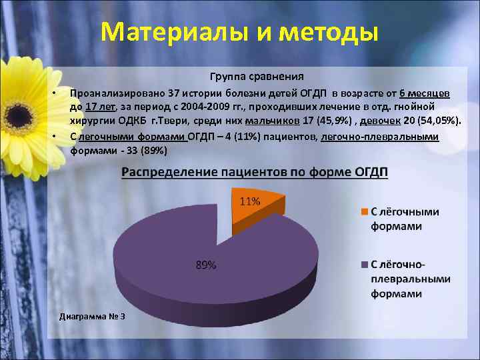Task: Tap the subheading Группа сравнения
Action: click(257, 76)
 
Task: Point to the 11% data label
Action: click(249, 201)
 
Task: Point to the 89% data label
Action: click(205, 265)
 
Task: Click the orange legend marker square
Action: click(364, 212)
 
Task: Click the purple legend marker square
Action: click(364, 265)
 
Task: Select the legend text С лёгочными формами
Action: click(405, 219)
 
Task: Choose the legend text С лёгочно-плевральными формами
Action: click(411, 279)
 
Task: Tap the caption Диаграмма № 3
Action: click(92, 315)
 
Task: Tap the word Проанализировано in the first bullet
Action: click(111, 92)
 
